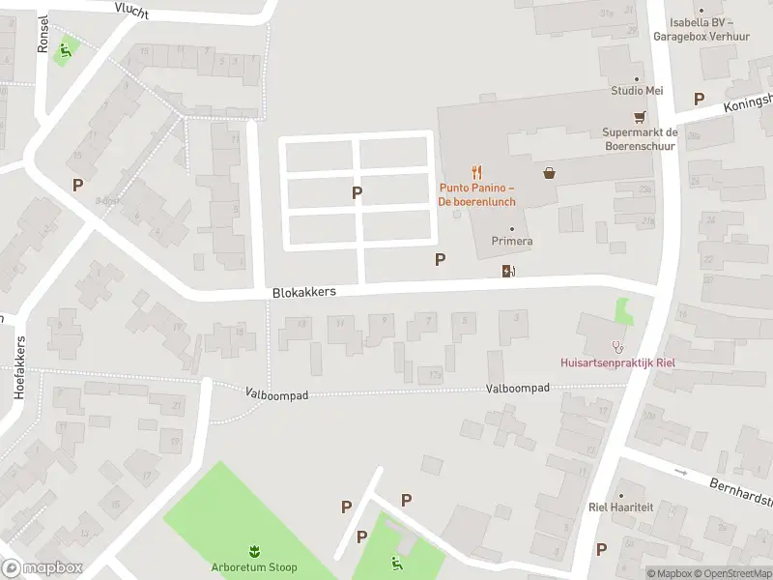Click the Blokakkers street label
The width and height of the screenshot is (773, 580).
303,291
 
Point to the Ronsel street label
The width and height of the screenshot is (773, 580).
43,35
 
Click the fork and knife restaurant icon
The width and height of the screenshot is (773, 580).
477,173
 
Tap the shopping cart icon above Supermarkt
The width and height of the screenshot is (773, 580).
639,117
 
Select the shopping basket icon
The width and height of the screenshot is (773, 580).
550,173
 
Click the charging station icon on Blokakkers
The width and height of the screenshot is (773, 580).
508,271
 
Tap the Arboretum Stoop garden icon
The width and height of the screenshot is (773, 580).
254,550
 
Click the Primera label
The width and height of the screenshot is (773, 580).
511,241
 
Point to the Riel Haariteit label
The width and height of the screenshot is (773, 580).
621,507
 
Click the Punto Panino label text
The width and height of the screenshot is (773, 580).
477,194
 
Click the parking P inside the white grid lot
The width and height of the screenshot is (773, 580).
357,192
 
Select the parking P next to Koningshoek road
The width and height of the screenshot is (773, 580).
699,99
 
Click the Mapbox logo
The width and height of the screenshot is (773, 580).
41,568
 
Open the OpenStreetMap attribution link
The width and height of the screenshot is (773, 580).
731,573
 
